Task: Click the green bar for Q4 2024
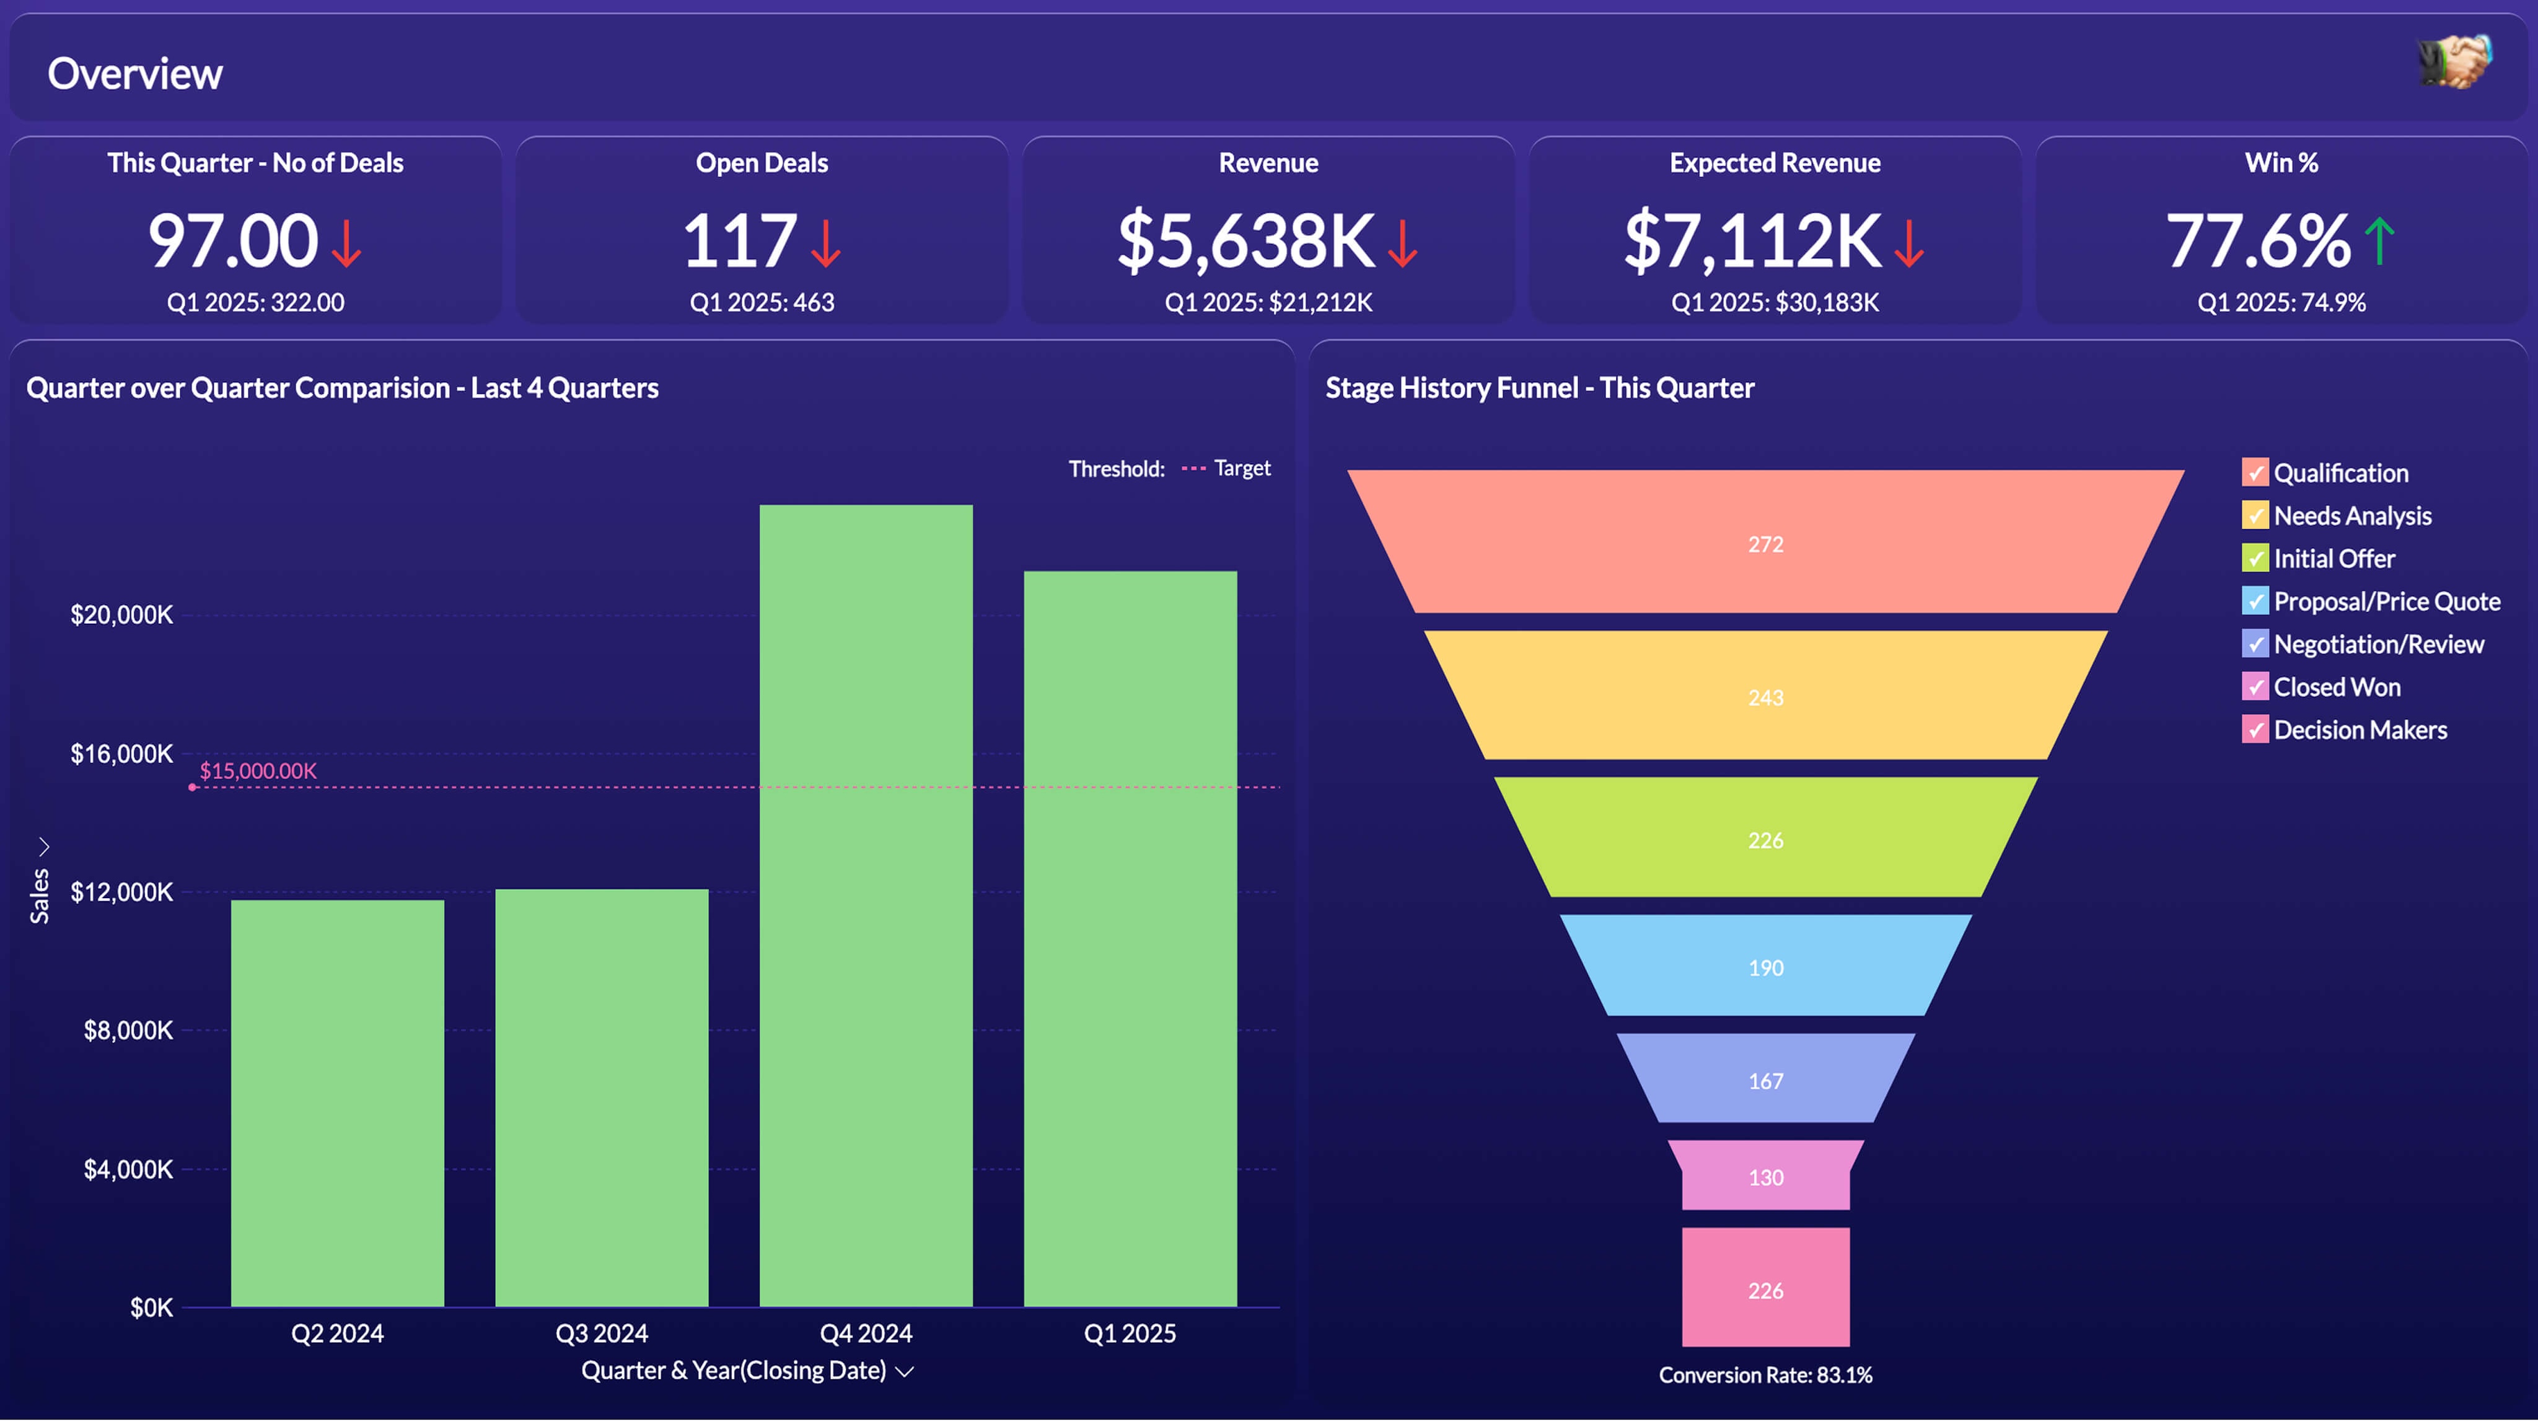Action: click(866, 906)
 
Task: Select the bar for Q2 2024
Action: click(337, 1103)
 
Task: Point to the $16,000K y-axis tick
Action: click(121, 754)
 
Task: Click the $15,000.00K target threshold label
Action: click(258, 771)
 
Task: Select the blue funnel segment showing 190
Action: click(1765, 967)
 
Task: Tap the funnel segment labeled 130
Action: click(1765, 1177)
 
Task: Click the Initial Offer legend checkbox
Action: click(2254, 559)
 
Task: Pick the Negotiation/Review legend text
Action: click(2378, 644)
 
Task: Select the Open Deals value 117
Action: click(739, 242)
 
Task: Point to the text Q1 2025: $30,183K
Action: click(1775, 302)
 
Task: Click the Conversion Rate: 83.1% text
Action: click(1765, 1375)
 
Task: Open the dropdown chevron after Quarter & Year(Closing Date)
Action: click(905, 1372)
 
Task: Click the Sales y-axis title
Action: click(40, 896)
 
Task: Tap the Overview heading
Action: click(135, 74)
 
